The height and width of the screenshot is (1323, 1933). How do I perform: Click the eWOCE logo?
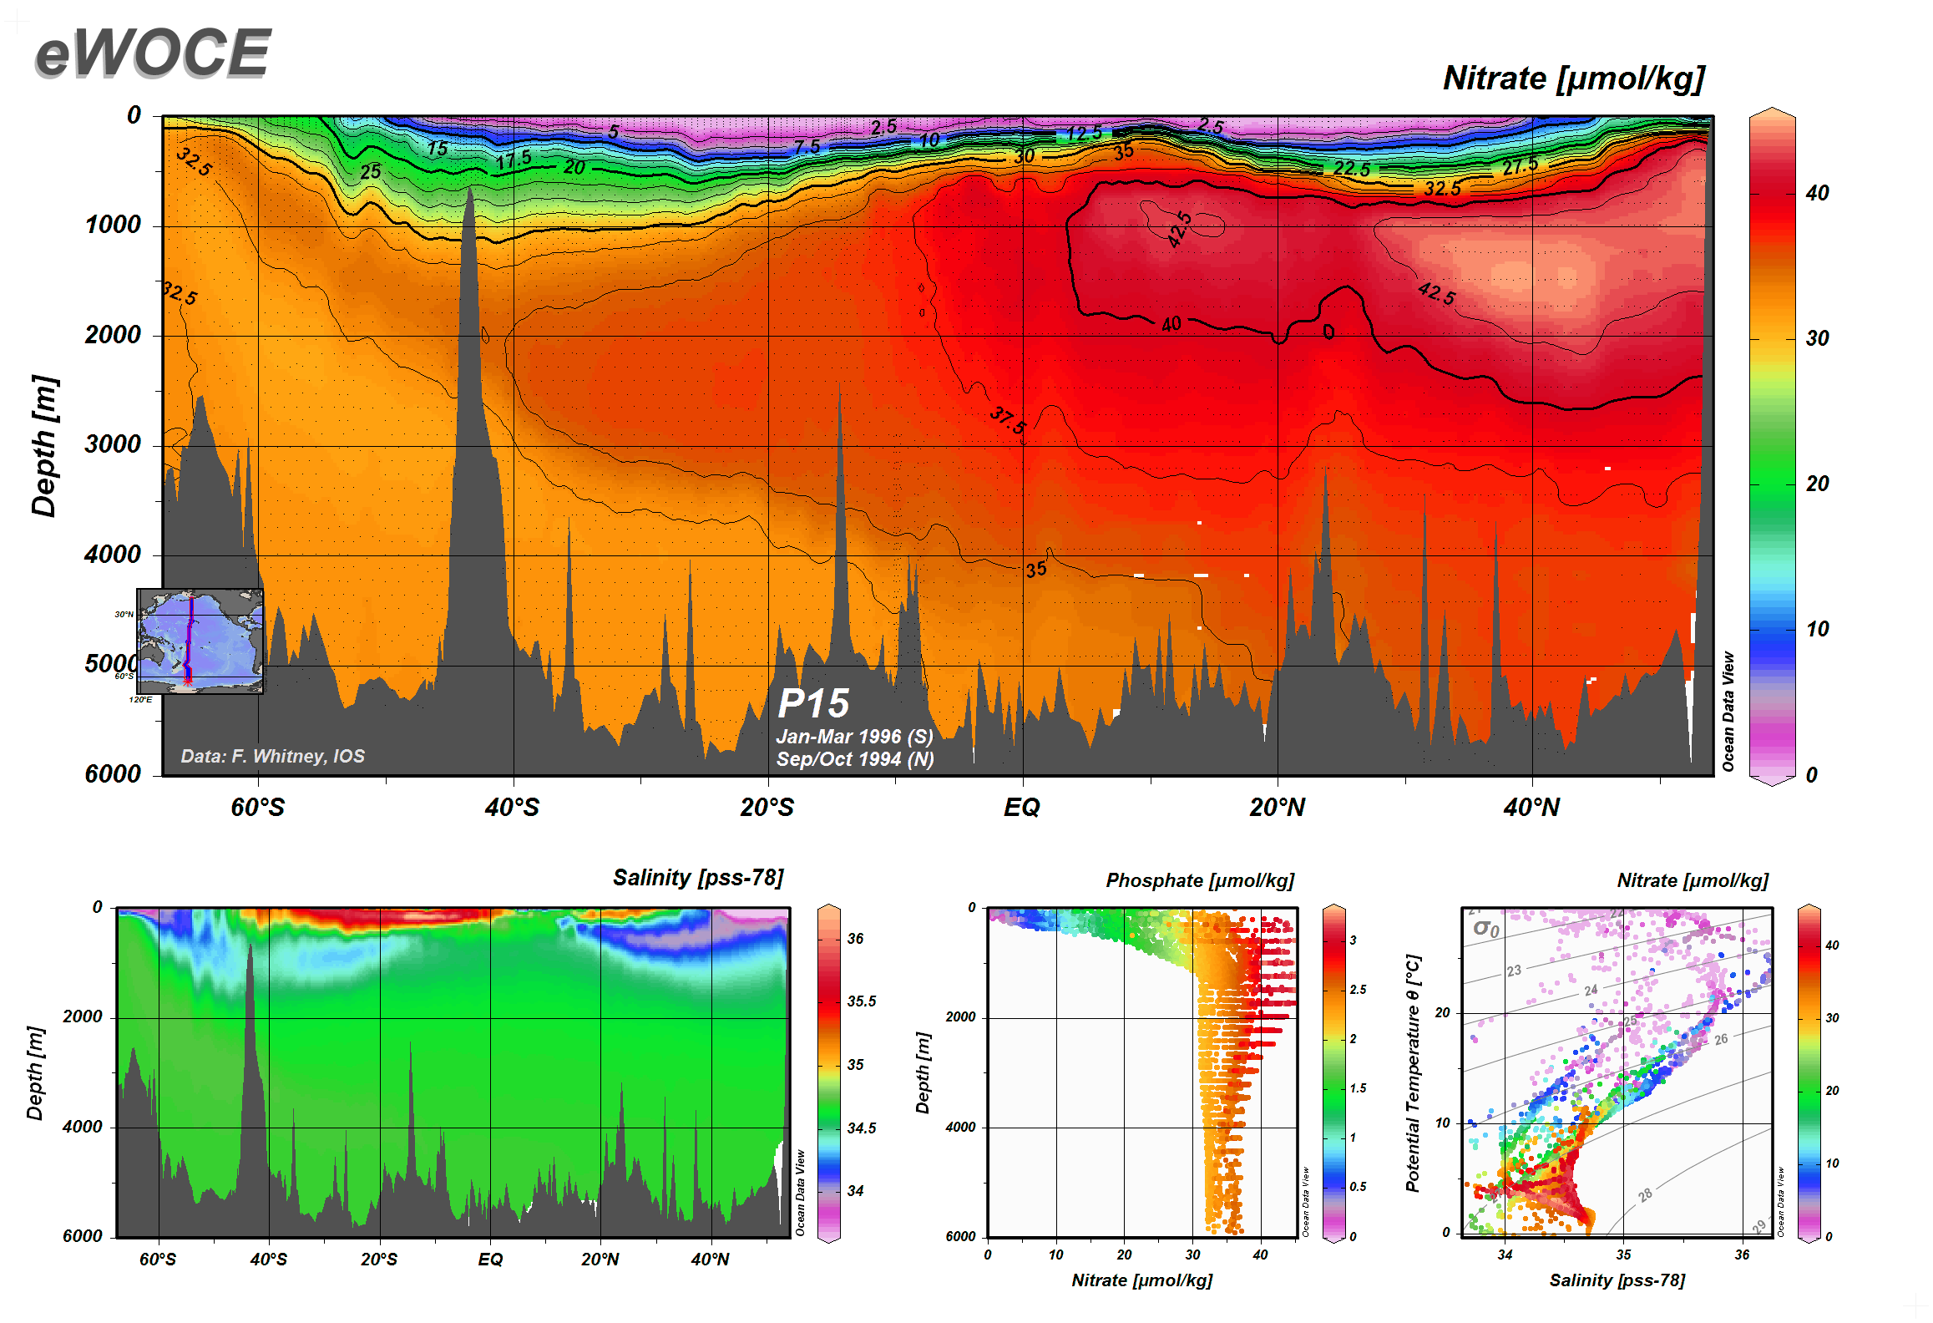153,53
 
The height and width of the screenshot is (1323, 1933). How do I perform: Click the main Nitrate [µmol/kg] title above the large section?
1573,79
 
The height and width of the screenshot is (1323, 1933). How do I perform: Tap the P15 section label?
813,704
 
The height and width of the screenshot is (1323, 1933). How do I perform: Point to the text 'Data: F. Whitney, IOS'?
273,756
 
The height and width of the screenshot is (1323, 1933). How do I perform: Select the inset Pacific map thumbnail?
200,641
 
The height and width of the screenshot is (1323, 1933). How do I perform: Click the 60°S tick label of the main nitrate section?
258,808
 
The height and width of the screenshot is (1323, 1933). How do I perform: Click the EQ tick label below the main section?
1022,808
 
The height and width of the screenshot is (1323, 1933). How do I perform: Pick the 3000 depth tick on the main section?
113,444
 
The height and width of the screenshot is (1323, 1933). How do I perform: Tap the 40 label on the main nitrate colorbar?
1817,193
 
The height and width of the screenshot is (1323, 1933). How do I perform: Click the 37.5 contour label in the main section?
1009,420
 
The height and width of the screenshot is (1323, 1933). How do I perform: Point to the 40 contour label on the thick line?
1171,324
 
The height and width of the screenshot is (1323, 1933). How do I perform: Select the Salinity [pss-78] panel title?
698,878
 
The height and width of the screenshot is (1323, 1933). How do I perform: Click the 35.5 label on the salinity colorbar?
862,1001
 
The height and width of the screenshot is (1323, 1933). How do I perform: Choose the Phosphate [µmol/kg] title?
1200,880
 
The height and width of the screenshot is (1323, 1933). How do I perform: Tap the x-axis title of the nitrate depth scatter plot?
1141,1280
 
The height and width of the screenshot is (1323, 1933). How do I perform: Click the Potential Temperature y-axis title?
1413,1073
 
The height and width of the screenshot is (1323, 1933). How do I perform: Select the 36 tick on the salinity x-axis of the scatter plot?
1742,1255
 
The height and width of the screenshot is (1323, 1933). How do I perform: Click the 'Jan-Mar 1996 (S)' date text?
854,737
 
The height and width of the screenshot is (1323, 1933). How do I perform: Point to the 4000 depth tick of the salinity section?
82,1127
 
